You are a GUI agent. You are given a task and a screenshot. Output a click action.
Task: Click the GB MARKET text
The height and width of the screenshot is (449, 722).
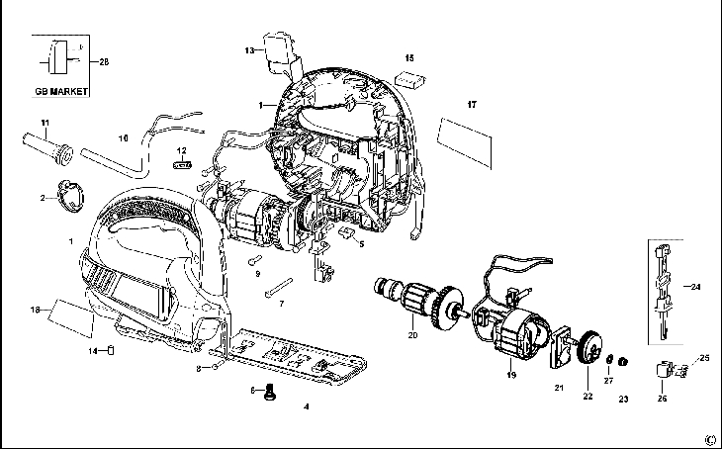click(59, 91)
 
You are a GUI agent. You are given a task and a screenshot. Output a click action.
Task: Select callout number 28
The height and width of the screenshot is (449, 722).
click(104, 61)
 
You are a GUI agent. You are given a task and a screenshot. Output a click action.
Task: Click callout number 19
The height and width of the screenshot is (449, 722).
click(512, 376)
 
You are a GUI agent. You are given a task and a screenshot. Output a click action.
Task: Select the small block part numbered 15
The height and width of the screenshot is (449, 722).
click(409, 75)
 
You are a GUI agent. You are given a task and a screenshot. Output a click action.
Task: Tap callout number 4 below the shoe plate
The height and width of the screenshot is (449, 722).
click(306, 406)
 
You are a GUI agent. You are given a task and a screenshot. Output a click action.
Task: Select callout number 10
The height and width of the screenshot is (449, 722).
click(124, 138)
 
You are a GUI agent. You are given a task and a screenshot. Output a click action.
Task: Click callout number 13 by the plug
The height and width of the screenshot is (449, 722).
click(249, 48)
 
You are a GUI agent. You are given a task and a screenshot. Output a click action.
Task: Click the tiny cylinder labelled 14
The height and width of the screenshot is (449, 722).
click(113, 349)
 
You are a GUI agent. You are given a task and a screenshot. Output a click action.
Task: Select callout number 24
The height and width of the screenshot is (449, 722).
click(695, 287)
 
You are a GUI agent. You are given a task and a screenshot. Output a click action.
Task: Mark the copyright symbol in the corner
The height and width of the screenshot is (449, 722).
click(708, 439)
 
